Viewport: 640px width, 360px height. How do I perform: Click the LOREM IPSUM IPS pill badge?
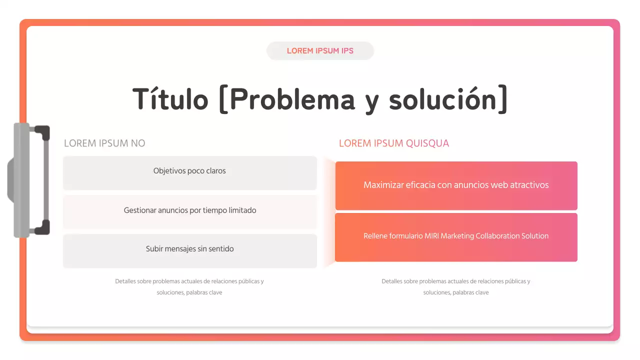point(320,51)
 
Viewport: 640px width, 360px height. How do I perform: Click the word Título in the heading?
point(170,98)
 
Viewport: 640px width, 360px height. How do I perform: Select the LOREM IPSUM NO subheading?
point(104,143)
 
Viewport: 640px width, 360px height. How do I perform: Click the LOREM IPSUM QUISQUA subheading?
point(394,143)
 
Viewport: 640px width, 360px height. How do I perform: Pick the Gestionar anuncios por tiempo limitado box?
point(190,211)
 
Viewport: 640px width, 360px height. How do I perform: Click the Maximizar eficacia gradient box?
point(456,185)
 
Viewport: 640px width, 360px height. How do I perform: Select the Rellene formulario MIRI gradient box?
point(456,237)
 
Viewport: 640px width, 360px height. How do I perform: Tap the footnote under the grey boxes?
point(189,286)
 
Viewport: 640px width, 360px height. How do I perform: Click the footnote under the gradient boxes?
point(456,286)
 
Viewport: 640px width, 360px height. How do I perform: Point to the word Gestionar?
point(140,210)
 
